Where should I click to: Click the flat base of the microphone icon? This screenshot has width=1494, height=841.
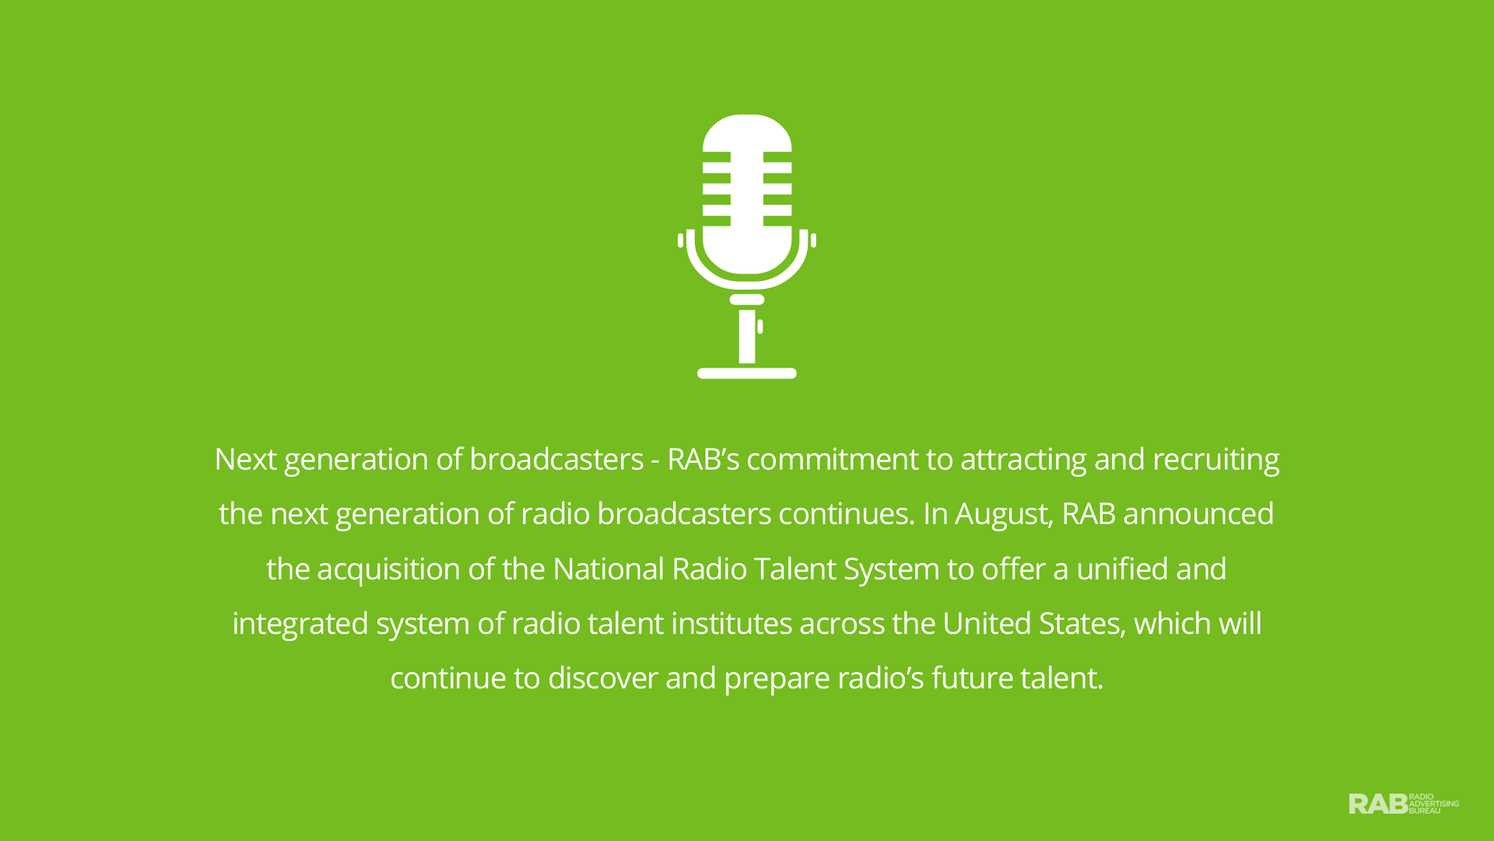[747, 373]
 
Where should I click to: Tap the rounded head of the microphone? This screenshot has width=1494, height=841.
[747, 195]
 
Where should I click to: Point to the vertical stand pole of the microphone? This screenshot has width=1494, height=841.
[747, 336]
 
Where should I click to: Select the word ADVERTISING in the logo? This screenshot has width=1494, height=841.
[1434, 804]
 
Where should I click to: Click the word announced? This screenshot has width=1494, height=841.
[1198, 514]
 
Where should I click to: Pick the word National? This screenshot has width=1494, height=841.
[608, 569]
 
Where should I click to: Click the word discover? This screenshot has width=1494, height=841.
[603, 678]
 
